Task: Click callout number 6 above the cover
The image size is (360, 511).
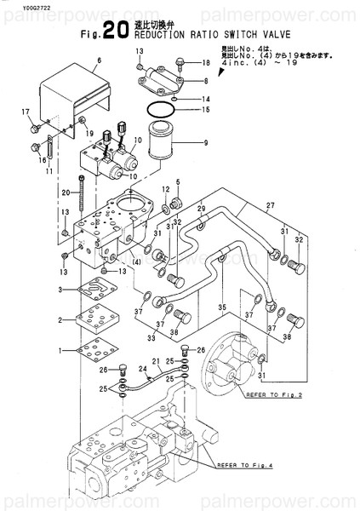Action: click(99, 60)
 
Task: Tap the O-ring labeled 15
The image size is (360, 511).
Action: click(159, 110)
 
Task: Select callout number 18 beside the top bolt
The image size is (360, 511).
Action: click(206, 63)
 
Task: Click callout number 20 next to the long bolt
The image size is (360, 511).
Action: click(65, 192)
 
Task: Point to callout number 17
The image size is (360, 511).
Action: click(26, 112)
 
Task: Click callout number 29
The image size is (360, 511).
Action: click(202, 209)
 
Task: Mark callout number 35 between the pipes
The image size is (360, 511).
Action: click(222, 307)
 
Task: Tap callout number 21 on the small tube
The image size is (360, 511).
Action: click(155, 361)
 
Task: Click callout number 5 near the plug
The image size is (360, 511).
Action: click(178, 181)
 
